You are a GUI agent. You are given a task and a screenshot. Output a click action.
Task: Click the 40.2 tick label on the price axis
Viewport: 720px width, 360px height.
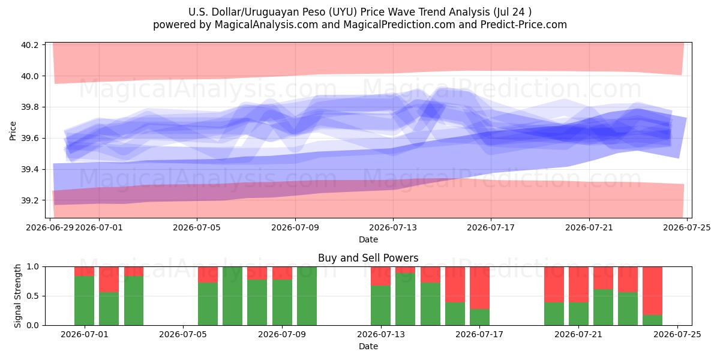[29, 45]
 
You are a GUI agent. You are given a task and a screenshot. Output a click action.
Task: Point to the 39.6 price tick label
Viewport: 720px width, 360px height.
[29, 138]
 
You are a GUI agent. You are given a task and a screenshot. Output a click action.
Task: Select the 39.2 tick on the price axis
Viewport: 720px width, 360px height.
[29, 200]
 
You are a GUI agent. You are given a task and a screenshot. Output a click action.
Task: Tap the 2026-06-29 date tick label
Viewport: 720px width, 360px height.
[50, 227]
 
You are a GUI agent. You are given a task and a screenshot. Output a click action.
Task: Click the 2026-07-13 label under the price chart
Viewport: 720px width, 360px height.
[393, 227]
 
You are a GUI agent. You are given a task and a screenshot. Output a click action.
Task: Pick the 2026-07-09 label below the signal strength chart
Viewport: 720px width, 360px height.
[282, 334]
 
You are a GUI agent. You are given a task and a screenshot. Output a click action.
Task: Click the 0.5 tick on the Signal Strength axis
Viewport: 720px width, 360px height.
[33, 296]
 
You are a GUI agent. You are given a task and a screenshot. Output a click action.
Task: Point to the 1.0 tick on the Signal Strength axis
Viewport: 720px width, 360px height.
[33, 267]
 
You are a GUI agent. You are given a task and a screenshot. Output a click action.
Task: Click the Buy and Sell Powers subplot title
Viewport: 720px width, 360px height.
[368, 258]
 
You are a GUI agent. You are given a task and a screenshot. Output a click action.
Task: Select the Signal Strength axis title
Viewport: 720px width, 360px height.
[17, 296]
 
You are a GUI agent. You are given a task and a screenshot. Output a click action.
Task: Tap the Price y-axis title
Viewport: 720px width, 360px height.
[13, 131]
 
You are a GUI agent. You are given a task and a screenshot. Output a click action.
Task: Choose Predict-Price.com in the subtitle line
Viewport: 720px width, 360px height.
[524, 25]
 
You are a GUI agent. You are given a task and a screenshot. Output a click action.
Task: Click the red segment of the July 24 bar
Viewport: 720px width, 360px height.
[653, 291]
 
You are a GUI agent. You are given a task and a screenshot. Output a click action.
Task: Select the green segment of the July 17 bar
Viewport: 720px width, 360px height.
[479, 317]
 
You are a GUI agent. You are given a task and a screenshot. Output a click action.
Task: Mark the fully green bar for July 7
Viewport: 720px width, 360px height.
[232, 296]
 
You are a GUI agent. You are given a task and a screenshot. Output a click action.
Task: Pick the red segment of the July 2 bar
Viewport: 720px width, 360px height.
[109, 280]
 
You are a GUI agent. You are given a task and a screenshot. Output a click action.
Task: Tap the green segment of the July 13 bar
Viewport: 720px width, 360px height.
[380, 305]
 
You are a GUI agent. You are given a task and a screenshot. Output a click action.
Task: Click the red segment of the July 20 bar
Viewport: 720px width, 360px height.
[554, 284]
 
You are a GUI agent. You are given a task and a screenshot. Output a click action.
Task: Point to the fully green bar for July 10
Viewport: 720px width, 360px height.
[307, 296]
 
